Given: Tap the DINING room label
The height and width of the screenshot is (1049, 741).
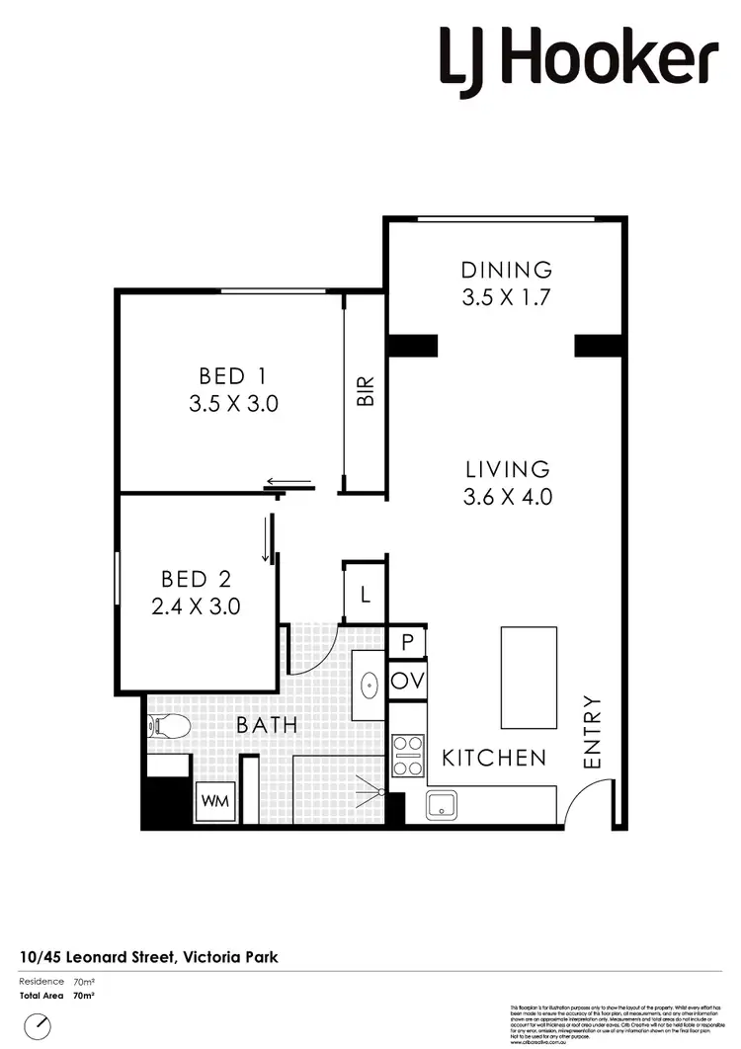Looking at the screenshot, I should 507,270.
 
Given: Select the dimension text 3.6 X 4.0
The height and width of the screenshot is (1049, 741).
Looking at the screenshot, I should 507,498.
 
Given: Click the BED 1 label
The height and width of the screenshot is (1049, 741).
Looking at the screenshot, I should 233,376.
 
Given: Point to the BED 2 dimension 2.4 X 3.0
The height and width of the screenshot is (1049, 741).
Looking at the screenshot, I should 196,606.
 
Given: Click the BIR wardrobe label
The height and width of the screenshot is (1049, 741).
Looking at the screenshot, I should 366,391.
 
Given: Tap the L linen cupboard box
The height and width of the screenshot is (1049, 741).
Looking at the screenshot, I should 365,595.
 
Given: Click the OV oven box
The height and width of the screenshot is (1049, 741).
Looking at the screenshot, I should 407,681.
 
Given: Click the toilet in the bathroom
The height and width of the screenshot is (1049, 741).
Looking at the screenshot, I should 168,727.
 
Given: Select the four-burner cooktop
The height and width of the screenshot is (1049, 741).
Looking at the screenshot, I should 408,756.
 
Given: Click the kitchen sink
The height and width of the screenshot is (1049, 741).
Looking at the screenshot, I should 442,805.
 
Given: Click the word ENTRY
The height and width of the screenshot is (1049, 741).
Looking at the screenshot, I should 593,732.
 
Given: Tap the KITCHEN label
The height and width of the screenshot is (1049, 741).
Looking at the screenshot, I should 493,758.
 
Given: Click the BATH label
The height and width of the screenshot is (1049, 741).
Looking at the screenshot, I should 266,725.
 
